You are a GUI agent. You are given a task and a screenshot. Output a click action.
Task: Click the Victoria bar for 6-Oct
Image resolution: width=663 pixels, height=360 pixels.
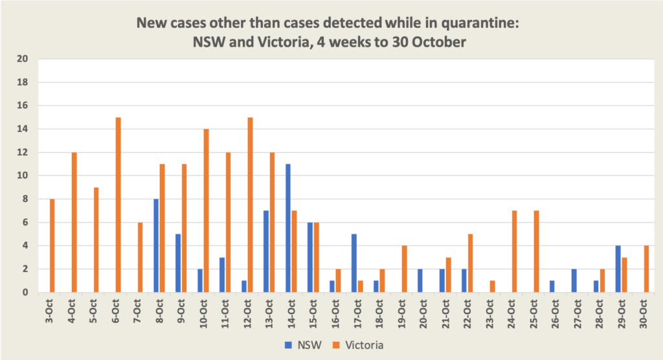click(118, 205)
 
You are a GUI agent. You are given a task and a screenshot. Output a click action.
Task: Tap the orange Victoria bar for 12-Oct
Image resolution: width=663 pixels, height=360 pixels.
click(250, 205)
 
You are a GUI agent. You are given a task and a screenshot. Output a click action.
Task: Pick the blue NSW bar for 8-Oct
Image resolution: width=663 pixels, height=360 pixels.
click(156, 245)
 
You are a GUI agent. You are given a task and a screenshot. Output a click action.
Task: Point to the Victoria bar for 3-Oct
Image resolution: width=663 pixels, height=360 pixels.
click(52, 245)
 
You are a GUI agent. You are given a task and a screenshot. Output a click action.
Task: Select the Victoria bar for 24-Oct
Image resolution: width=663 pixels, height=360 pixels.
click(514, 251)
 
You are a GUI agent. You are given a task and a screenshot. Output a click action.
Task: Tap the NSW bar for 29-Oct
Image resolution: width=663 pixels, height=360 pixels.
click(618, 269)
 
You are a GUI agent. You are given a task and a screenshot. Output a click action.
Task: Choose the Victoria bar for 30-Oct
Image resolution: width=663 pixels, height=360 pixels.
click(646, 269)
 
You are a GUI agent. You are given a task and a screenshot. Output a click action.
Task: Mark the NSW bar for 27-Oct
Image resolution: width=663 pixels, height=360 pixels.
click(574, 280)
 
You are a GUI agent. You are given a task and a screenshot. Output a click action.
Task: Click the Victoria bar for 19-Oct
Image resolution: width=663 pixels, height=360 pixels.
click(404, 269)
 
